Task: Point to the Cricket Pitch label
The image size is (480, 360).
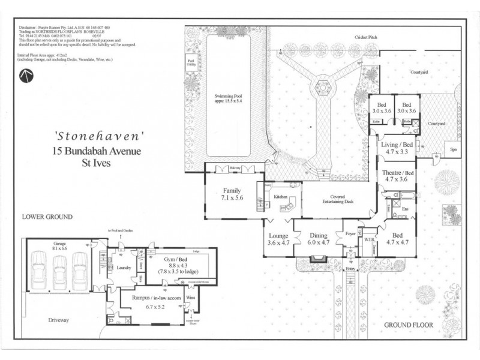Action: tap(365, 37)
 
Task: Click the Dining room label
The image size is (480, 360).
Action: tap(318, 239)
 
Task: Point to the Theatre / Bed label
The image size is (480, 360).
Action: tap(395, 176)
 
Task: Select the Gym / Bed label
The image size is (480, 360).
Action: tap(179, 260)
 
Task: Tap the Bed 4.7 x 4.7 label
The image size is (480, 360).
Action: tap(395, 239)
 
